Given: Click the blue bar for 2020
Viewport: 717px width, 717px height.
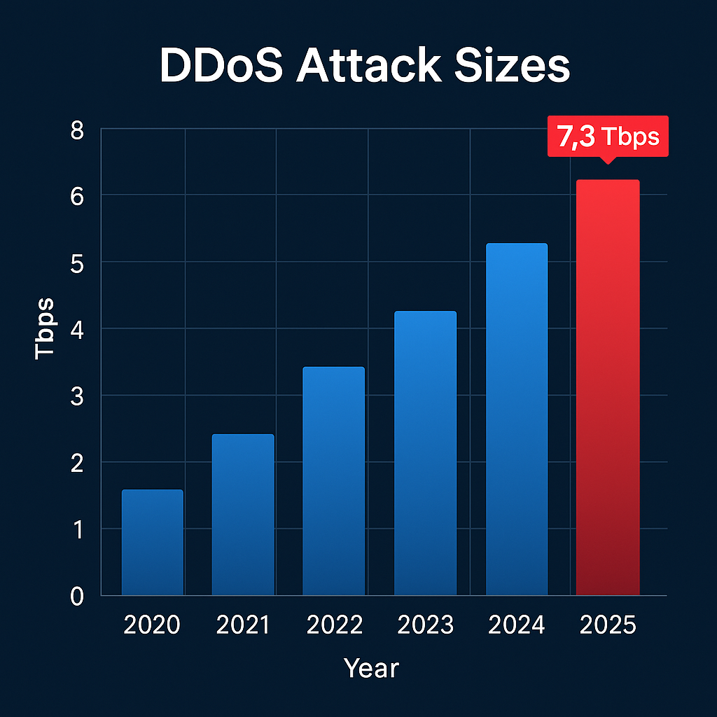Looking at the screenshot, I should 152,543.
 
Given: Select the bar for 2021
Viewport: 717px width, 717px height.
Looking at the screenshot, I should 243,515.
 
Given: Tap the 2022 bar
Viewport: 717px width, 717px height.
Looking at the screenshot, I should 333,481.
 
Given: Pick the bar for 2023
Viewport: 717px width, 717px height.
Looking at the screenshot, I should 425,453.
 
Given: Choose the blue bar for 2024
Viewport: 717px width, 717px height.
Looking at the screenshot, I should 517,419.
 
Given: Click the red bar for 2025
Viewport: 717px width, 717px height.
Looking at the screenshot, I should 608,387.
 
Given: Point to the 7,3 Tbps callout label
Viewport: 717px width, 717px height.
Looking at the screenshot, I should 608,137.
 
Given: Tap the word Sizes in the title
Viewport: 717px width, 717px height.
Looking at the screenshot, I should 519,68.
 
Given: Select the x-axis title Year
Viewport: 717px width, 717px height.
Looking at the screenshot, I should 371,669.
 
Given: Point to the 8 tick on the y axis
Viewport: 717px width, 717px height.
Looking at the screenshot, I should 77,130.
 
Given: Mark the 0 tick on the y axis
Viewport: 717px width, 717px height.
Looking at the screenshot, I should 77,596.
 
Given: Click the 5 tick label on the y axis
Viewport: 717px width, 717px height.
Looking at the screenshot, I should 77,263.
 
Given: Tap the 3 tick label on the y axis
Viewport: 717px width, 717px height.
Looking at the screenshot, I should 77,396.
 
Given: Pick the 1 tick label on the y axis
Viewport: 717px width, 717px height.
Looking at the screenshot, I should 77,529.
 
